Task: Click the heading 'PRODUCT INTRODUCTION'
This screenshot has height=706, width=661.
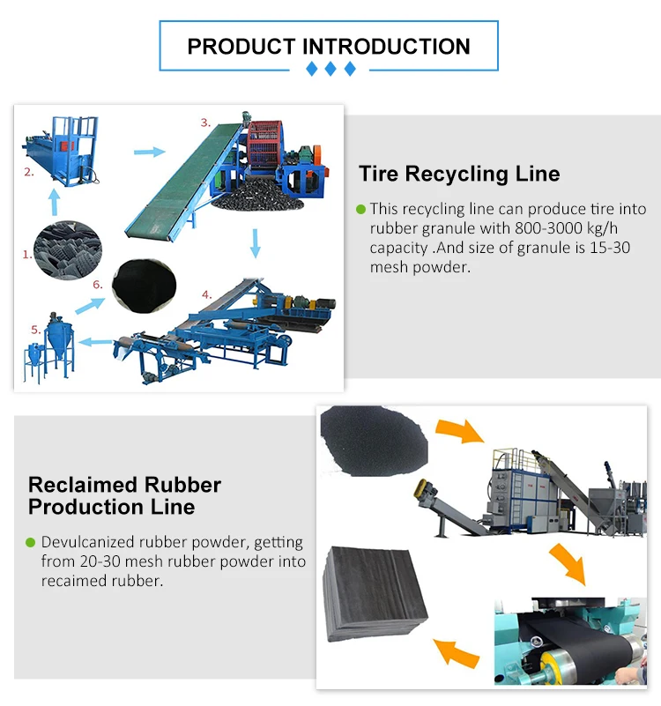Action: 329,46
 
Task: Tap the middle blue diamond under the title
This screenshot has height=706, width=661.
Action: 330,69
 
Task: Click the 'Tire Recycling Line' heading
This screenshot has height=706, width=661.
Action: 458,174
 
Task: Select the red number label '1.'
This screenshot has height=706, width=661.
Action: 26,255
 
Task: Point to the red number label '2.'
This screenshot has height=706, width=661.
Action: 29,172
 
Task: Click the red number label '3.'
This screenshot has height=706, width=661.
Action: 204,123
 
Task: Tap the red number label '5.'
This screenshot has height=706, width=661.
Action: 35,329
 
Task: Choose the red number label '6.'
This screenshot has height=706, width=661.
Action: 98,284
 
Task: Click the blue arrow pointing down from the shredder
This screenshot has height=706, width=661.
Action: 256,242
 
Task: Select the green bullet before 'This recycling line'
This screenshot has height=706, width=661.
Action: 360,210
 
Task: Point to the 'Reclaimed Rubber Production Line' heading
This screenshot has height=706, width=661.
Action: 123,495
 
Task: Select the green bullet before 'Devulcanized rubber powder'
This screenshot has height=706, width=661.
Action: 31,542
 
